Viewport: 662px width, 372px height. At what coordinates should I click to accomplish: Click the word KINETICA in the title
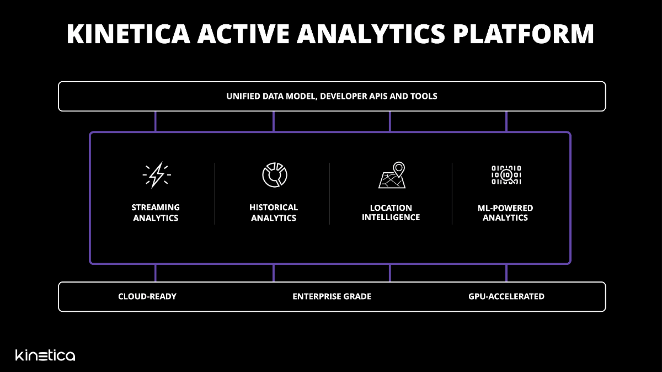(129, 34)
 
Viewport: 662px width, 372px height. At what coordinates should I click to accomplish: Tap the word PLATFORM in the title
(524, 34)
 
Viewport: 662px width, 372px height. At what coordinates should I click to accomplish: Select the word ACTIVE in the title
(243, 34)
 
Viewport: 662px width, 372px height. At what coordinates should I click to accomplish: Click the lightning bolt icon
(157, 175)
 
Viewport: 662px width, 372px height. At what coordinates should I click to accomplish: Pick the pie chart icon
(275, 175)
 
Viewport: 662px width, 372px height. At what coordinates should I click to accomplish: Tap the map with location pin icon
(392, 175)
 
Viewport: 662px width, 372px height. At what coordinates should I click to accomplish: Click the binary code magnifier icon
(506, 175)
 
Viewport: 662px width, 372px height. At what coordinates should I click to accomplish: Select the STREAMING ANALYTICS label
(156, 212)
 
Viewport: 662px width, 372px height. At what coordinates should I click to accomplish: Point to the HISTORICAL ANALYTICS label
(274, 212)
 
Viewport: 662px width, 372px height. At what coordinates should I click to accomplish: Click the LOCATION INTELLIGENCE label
(391, 212)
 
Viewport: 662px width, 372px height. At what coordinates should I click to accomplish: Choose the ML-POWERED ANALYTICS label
(505, 212)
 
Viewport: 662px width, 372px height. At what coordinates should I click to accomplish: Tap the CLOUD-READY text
(147, 296)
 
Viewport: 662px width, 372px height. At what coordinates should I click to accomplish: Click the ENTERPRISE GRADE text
(332, 296)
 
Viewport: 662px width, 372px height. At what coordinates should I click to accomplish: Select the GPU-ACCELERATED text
(506, 296)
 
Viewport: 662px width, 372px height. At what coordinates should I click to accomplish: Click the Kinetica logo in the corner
(45, 355)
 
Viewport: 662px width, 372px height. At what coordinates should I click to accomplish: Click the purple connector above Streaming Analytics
(156, 121)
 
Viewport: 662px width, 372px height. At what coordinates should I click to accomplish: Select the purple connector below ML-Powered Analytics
(506, 273)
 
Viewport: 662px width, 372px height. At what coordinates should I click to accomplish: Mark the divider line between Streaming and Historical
(215, 194)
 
